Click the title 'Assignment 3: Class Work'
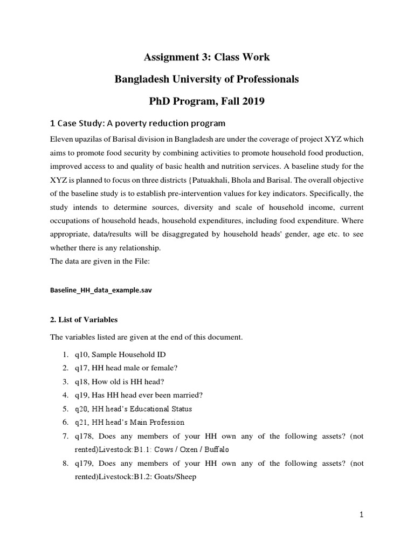[x=206, y=57]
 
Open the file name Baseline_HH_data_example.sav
[x=101, y=290]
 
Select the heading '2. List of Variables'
[x=84, y=320]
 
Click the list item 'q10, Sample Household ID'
[x=121, y=354]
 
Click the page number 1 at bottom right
[x=362, y=515]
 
